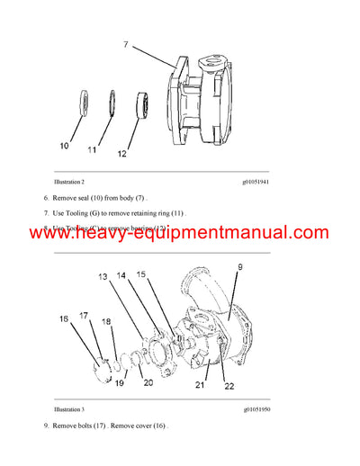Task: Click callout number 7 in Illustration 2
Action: (125, 43)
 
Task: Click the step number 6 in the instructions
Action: (46, 196)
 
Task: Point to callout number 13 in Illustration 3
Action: (102, 277)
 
